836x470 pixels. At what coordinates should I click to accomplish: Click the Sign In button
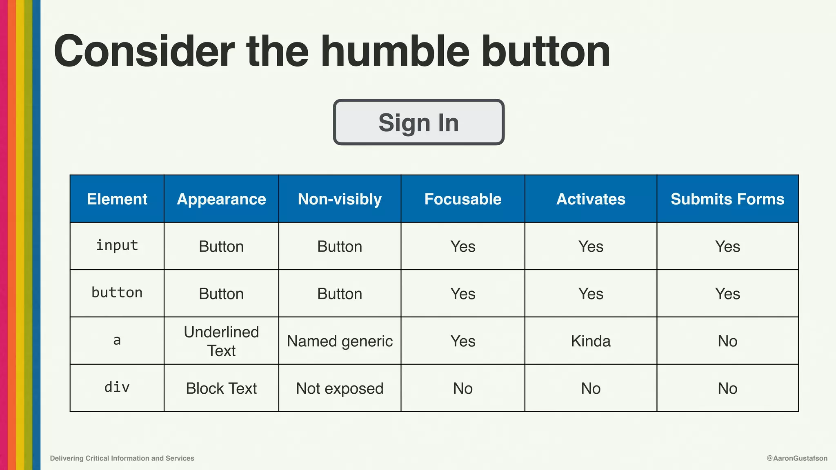click(418, 122)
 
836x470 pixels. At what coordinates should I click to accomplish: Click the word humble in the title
click(395, 52)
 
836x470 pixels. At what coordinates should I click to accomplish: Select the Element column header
click(117, 199)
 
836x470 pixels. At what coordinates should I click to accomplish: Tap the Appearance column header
click(221, 199)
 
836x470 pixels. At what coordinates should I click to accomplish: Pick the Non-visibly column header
click(340, 199)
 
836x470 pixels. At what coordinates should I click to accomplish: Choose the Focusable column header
click(462, 199)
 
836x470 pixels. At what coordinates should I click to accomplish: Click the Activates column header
click(591, 199)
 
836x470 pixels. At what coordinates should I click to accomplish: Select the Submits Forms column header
click(727, 199)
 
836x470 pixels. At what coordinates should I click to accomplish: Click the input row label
click(117, 246)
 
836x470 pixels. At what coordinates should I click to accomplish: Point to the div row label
click(117, 387)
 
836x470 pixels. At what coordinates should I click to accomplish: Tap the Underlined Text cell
click(221, 341)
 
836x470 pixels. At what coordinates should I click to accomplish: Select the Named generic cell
click(340, 341)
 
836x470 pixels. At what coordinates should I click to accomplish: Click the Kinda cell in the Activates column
click(591, 341)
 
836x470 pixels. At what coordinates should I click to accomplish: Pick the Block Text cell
click(221, 388)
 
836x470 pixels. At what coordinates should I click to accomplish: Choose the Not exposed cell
click(340, 388)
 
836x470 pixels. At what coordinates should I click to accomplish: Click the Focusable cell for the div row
click(462, 388)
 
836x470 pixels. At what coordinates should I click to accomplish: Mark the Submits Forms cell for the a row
click(727, 341)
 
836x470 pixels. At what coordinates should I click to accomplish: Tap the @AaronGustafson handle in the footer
click(797, 458)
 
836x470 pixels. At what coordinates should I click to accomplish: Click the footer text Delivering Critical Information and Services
click(122, 458)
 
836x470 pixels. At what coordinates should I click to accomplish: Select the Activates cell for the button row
click(591, 294)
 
